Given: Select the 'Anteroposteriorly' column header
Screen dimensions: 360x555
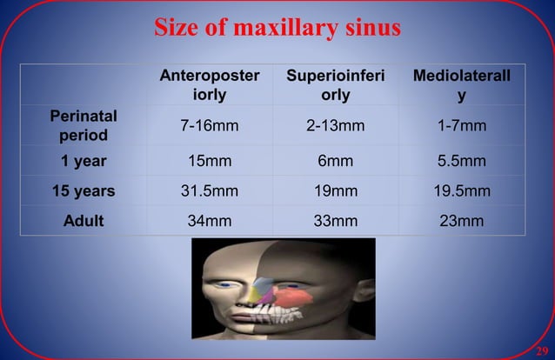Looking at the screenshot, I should (210, 85).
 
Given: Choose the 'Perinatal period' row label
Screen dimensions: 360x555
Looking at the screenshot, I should (84, 125).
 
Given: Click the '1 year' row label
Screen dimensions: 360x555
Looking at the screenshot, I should (84, 162).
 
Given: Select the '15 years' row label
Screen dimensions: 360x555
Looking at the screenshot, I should (84, 190).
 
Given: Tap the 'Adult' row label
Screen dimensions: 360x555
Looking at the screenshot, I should (84, 220).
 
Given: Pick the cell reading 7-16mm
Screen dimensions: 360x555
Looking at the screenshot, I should (210, 126).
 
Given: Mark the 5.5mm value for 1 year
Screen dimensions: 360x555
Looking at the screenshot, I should (462, 162).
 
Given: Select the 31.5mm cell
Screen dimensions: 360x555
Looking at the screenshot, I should (210, 190).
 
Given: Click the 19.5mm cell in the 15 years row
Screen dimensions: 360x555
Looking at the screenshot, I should (462, 190).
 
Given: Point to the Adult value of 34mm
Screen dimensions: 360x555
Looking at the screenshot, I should (210, 220).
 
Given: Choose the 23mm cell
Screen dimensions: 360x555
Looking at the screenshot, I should (462, 220).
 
